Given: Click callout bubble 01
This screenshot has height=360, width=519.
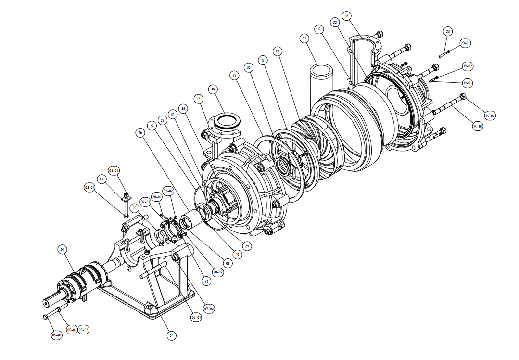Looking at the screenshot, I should coord(62,249).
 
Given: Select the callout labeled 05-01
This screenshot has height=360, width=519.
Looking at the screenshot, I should coord(57,335).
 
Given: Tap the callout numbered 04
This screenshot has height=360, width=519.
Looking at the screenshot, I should coord(171,335).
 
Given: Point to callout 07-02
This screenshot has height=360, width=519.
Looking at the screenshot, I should coord(209,308).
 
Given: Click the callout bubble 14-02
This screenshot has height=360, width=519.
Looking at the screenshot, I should coord(490,116).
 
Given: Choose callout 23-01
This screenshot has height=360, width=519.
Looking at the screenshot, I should coord(465,43).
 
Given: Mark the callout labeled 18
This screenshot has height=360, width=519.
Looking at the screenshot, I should coord(347,16).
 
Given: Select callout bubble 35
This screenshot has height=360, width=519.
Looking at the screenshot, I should coord(213,89).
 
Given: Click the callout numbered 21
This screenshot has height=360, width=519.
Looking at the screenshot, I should coord(304,38).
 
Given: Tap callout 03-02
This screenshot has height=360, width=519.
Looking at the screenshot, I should coord(114,170).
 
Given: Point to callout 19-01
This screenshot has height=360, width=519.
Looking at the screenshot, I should coord(467,83).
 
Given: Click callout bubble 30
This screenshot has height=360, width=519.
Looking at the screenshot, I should coord(248,67).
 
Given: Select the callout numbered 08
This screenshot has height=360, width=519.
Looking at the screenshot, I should coord(228,263).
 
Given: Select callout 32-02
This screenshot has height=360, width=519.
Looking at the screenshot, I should coord(168,191).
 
